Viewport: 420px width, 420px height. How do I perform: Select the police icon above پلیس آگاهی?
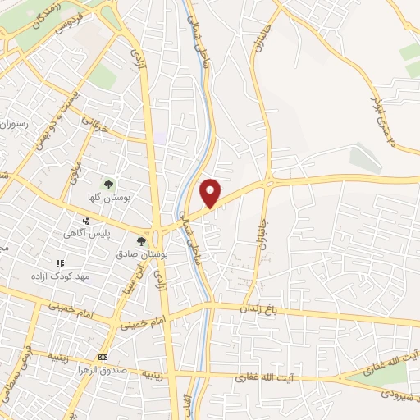click(86, 221)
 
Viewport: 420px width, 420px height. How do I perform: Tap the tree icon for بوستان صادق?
click(141, 241)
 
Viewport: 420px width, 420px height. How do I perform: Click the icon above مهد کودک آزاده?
click(58, 263)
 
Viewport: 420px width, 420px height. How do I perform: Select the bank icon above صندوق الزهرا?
click(103, 358)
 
